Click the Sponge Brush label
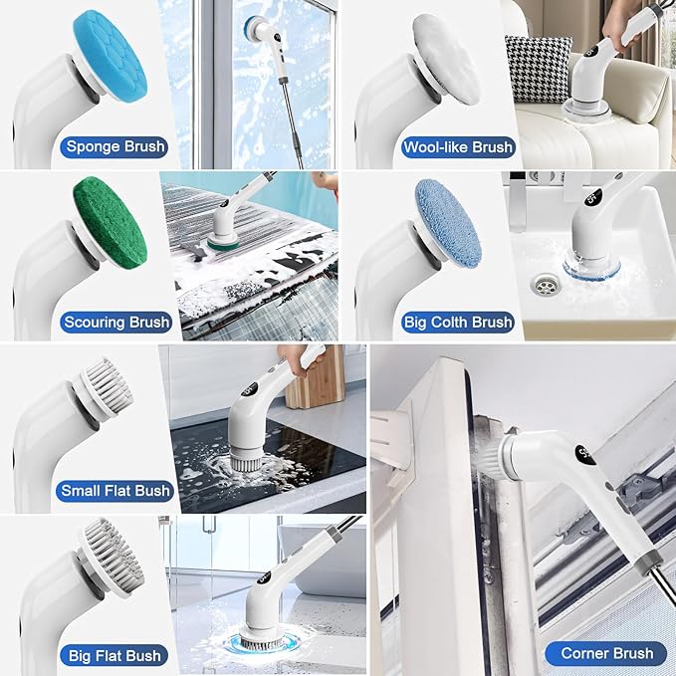pyautogui.click(x=115, y=147)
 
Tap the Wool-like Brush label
pyautogui.click(x=458, y=147)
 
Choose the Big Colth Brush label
pyautogui.click(x=457, y=322)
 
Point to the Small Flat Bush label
pyautogui.click(x=115, y=490)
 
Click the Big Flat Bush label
pyautogui.click(x=115, y=655)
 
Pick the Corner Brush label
pyautogui.click(x=606, y=653)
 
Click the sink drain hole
pyautogui.click(x=544, y=287)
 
